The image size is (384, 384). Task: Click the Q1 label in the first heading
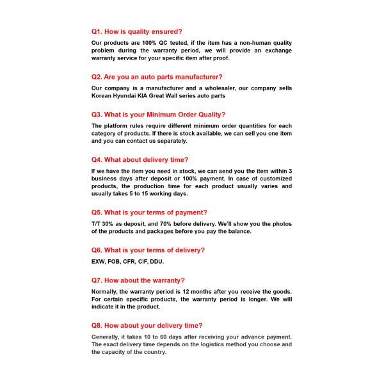point(97,31)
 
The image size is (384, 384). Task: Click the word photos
point(280,224)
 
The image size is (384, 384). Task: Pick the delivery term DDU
point(157,262)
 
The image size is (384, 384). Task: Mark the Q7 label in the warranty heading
point(97,280)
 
